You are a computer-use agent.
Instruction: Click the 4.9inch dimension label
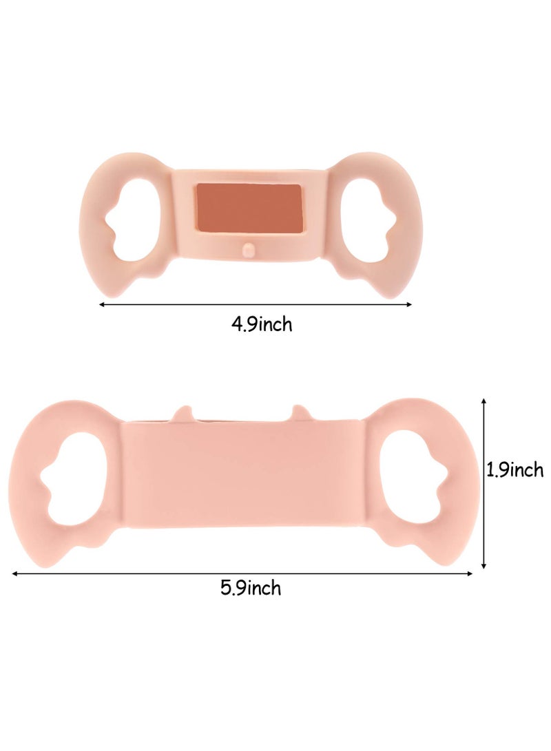coord(262,324)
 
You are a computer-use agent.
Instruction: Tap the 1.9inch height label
coord(515,470)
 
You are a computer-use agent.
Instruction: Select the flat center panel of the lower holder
coord(242,475)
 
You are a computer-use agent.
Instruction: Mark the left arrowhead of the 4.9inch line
coord(102,304)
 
